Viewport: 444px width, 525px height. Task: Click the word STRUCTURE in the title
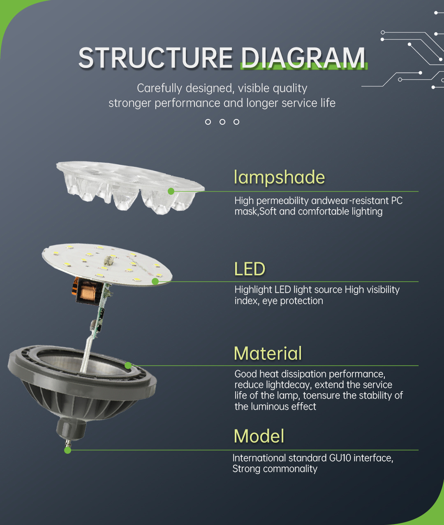coord(155,58)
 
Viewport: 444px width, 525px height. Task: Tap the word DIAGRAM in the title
coord(303,58)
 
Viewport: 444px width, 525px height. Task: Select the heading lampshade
coord(279,177)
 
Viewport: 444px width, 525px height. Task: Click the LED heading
coord(250,269)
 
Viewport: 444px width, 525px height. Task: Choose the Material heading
coord(268,353)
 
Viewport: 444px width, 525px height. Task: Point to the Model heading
coord(259,436)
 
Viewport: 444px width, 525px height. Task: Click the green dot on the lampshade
coord(171,191)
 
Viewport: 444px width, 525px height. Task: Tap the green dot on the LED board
coord(155,281)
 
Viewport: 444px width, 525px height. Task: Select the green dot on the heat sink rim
coord(128,366)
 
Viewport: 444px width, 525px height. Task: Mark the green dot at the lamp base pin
coord(67,450)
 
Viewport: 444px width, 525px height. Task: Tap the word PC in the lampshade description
coord(397,201)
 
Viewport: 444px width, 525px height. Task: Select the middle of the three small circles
coord(222,122)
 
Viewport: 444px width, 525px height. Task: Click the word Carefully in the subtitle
coord(160,89)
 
